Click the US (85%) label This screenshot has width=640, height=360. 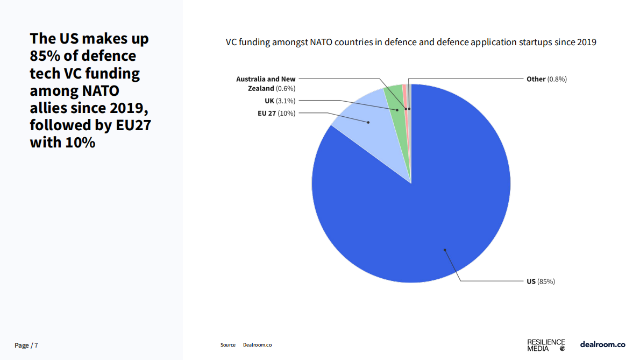coord(541,281)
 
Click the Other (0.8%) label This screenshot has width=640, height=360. coord(546,79)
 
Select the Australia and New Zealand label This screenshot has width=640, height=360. coord(266,83)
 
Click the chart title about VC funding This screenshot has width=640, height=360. coord(411,42)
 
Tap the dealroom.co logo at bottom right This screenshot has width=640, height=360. coord(602,344)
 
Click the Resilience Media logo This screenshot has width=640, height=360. coord(546,345)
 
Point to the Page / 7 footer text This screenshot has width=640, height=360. coord(26,345)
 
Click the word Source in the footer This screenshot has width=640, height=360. coord(228,345)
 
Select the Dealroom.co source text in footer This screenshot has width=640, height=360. coord(257,345)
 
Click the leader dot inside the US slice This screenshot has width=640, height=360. coord(445,250)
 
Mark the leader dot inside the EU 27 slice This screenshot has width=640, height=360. coord(368,122)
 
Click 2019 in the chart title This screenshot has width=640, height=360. coord(587,42)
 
